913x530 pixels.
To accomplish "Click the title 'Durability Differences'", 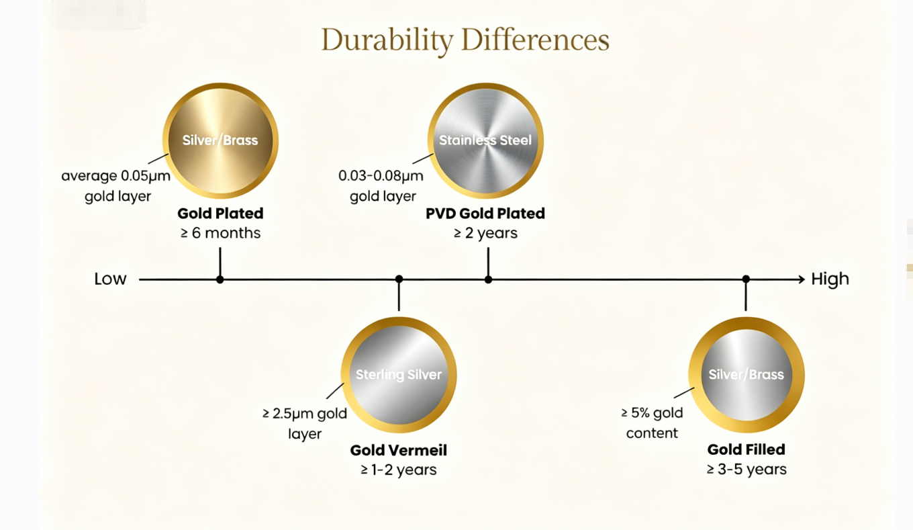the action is (465, 40).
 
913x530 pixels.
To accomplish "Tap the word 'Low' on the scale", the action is (110, 279).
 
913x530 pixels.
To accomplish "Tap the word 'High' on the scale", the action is (830, 279).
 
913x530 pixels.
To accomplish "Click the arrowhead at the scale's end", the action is (802, 279).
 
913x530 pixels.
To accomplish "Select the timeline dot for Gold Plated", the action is (220, 279).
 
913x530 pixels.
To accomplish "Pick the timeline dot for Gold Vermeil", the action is (399, 279).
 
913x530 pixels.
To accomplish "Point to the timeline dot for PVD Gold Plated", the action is (488, 279).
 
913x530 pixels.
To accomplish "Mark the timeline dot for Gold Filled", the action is (746, 279).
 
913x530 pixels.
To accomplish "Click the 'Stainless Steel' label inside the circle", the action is (485, 140).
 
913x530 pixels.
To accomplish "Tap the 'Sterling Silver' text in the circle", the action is (399, 375).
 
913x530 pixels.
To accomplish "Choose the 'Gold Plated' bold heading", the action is (220, 213).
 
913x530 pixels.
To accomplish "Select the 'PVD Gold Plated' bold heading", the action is (485, 213).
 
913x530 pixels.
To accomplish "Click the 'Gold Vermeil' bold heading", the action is (399, 450).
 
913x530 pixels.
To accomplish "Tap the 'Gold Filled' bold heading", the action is (747, 449).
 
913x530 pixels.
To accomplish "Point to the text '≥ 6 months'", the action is (220, 233).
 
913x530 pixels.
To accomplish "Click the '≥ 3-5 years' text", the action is (747, 470).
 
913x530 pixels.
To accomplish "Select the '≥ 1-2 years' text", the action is (399, 470).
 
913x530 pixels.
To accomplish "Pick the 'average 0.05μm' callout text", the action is (115, 176).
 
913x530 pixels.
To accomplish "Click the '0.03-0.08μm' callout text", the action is (381, 176).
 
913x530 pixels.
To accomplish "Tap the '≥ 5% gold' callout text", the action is (652, 413).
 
